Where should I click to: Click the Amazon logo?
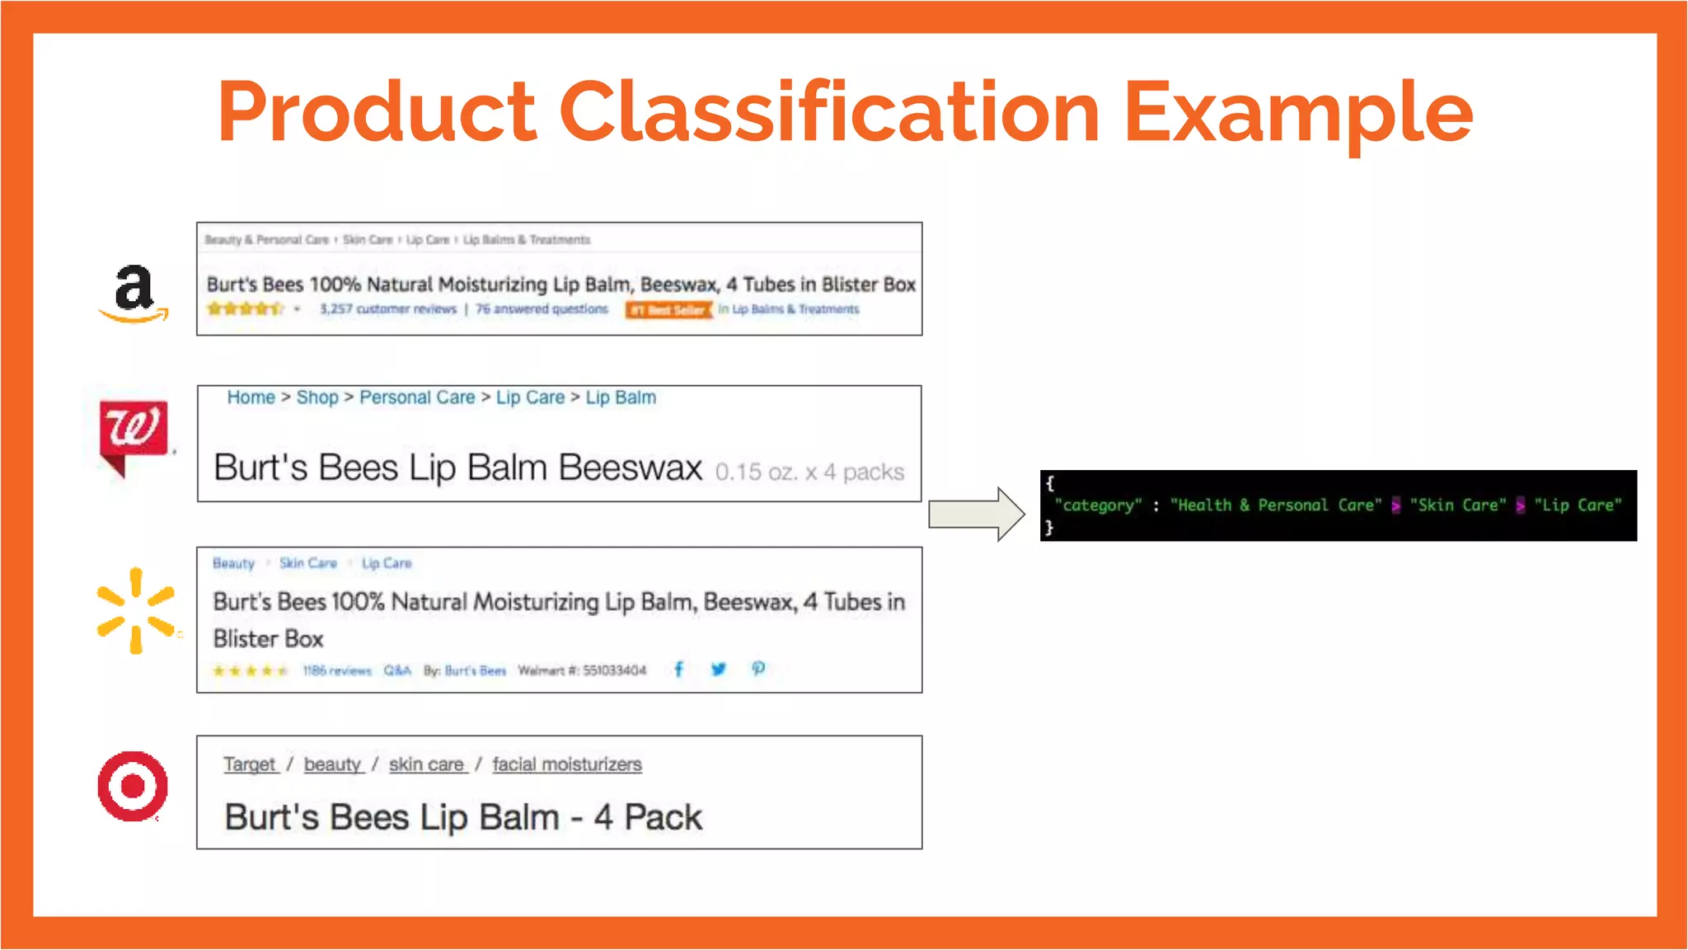point(134,293)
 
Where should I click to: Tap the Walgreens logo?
point(133,435)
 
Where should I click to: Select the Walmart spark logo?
point(136,611)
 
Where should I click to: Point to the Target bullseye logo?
point(133,786)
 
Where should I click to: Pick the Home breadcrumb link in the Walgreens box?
point(251,397)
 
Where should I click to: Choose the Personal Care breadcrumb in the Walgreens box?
point(417,397)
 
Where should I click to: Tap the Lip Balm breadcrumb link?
point(621,397)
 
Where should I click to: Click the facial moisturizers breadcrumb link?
point(567,764)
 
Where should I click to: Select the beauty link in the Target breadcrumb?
point(332,764)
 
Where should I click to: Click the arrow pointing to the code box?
point(977,514)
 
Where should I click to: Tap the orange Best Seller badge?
point(668,310)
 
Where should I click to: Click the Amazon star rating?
point(245,309)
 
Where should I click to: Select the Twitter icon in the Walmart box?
point(719,669)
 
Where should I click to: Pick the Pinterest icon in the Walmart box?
point(758,669)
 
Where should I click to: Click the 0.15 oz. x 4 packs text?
point(809,472)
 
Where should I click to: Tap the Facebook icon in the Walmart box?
point(678,669)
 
